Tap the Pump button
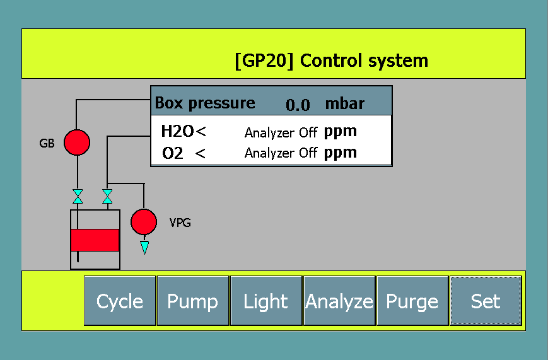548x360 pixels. click(x=192, y=301)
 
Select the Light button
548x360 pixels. click(x=265, y=301)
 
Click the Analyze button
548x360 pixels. click(x=339, y=301)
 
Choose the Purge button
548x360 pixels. click(x=412, y=301)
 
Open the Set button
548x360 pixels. click(x=485, y=301)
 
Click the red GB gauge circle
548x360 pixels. click(x=77, y=142)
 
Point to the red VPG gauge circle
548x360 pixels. click(x=143, y=221)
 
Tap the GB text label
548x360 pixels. click(x=47, y=143)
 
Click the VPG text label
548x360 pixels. click(x=180, y=223)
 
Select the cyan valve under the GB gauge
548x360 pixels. click(x=78, y=196)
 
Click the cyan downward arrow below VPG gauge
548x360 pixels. click(x=144, y=247)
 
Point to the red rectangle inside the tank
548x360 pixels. click(x=95, y=240)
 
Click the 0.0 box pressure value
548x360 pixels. click(x=298, y=105)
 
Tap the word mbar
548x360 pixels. click(x=344, y=103)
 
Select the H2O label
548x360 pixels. click(x=177, y=132)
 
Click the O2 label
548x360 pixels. click(x=173, y=153)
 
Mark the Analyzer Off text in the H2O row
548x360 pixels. click(x=281, y=133)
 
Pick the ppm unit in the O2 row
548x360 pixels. click(x=341, y=153)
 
